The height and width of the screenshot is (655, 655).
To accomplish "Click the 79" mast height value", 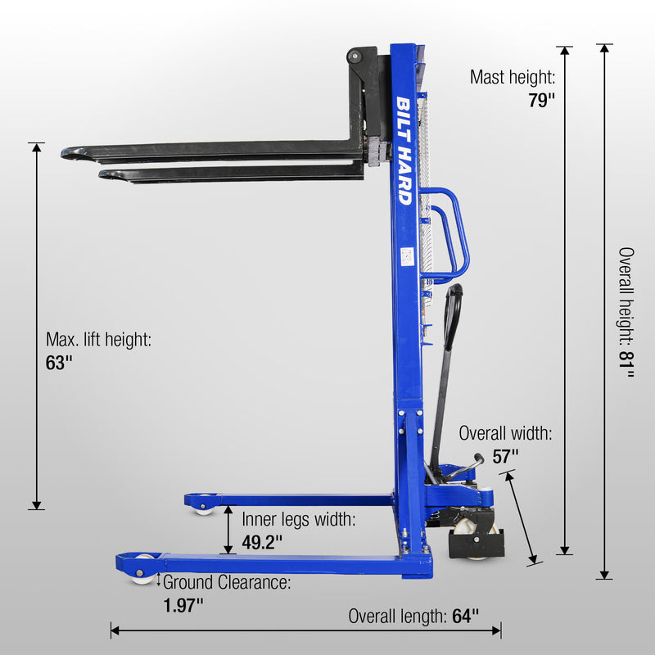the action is point(541,100).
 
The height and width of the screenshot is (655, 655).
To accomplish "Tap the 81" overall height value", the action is point(626,364).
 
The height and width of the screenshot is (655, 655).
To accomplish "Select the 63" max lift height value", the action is point(59,363).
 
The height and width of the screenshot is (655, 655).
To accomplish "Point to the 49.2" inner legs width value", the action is point(262,542).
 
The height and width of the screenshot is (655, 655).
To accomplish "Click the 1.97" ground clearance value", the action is point(183,605).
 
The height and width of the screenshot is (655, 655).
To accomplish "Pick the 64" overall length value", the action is point(465,616).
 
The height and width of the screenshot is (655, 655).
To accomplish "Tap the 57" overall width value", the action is point(505,456).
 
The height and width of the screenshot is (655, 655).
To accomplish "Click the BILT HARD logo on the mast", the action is point(404,151).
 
